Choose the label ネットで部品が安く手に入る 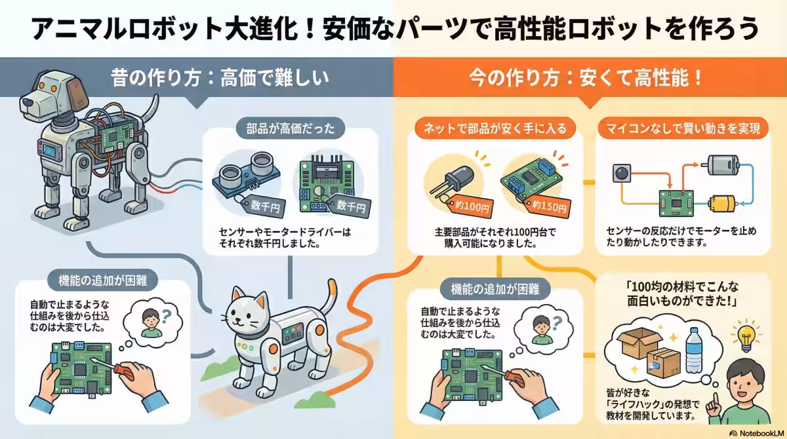492,128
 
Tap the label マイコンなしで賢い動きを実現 682,129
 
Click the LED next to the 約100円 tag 449,179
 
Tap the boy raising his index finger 748,389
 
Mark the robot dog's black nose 26,102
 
